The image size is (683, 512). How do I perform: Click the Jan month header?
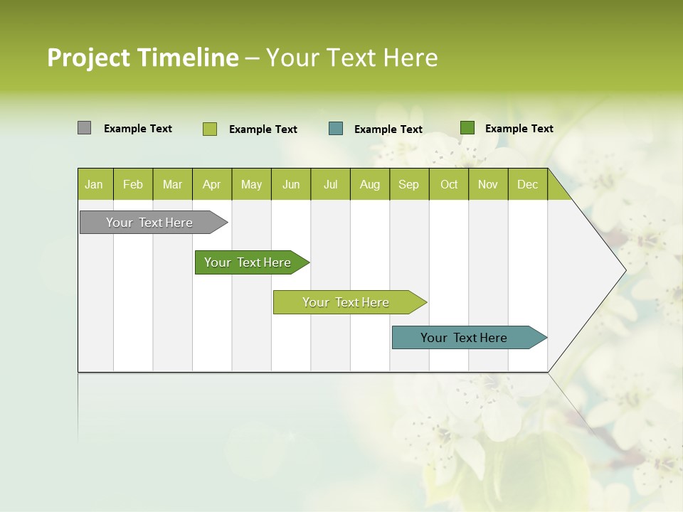point(95,184)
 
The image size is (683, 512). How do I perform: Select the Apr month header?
point(212,184)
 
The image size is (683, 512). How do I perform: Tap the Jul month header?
point(330,184)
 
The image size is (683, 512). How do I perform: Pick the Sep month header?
point(409,184)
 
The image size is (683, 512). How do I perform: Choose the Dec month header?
point(527,184)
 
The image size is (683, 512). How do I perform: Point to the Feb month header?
point(133,184)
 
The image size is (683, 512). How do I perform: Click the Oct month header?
point(449,184)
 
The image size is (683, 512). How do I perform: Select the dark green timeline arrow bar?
point(250,262)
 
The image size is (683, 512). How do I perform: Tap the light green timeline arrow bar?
point(347,302)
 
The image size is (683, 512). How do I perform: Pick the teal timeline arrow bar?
point(466,338)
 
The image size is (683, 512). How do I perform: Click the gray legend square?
point(84,128)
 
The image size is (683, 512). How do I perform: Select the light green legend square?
point(209,129)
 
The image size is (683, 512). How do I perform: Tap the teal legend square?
point(336,129)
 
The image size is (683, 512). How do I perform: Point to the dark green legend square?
point(467,128)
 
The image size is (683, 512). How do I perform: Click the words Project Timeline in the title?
point(142,58)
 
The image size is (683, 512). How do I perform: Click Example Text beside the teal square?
point(388,129)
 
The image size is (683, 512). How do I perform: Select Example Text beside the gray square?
point(137,129)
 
